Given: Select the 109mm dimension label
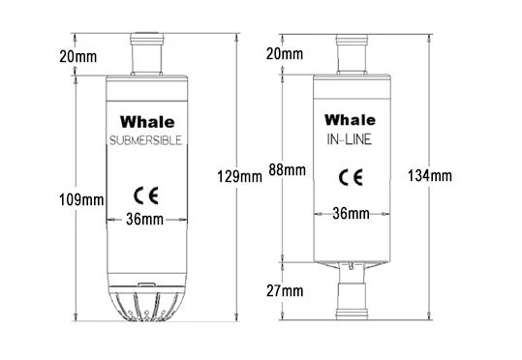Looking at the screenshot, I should tap(80, 200).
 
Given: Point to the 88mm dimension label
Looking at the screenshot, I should tap(289, 169).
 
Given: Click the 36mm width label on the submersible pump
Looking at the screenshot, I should tap(145, 220).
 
